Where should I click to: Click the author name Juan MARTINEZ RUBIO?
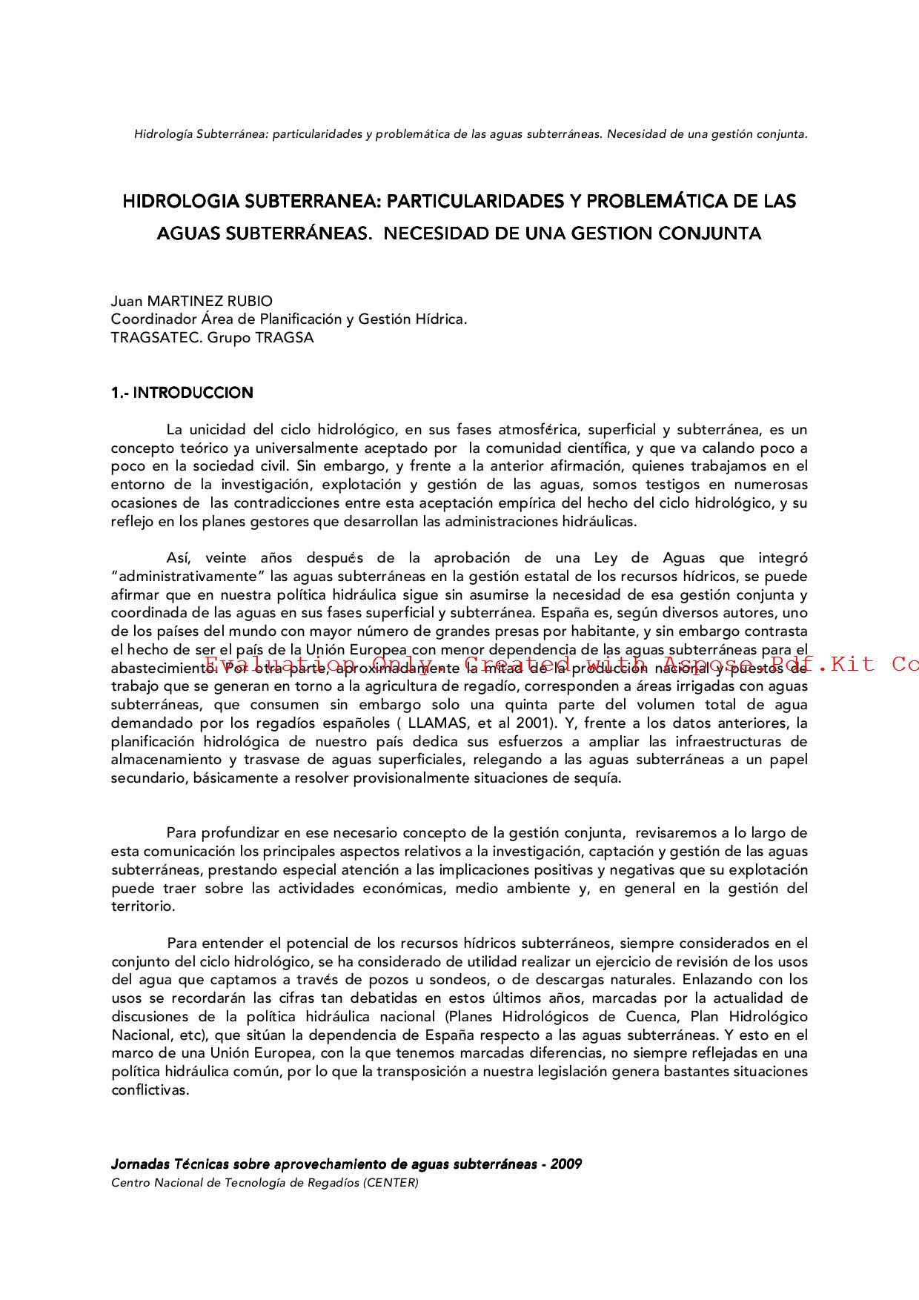(191, 302)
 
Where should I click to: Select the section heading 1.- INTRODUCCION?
(182, 394)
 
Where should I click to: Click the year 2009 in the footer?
(566, 1164)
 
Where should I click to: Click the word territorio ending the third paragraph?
(143, 906)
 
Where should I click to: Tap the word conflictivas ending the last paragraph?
(150, 1090)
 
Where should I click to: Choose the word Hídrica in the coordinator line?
(442, 319)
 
